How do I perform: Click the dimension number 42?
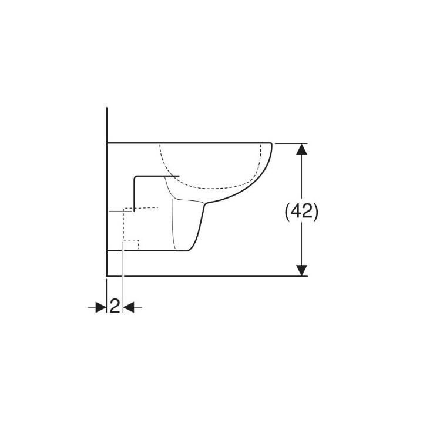click(302, 211)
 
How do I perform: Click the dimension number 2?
click(115, 306)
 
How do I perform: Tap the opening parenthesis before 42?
click(287, 212)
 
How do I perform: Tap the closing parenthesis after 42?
click(316, 212)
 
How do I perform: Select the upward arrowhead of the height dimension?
click(301, 149)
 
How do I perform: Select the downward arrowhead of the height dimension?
click(301, 270)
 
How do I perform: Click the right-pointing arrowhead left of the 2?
click(101, 307)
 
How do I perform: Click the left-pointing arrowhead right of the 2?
click(129, 307)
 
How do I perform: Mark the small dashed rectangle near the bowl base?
click(131, 244)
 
